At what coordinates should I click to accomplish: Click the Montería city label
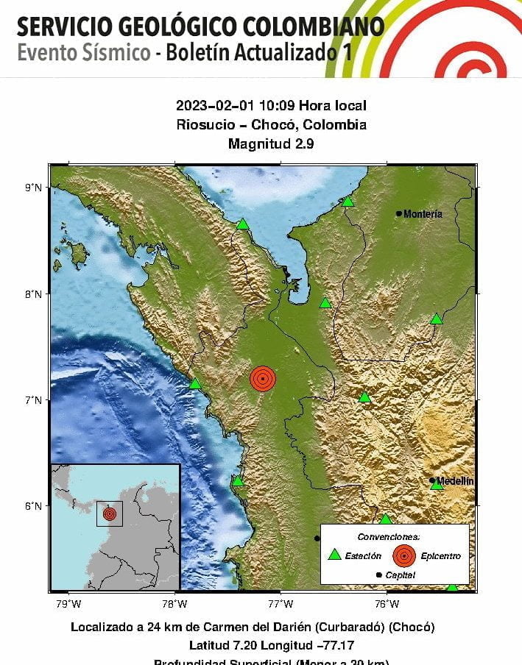point(423,214)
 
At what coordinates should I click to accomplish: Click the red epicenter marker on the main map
point(263,378)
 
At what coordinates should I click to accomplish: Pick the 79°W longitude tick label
point(68,605)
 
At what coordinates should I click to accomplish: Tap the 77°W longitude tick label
point(281,605)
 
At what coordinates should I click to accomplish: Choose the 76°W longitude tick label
point(387,605)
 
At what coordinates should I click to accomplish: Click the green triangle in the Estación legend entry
point(335,555)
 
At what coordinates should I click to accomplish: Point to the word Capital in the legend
point(401,575)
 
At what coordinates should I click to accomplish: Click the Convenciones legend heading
point(389,537)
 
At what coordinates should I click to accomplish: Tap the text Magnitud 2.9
point(271,143)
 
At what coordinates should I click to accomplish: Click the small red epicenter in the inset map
point(110,513)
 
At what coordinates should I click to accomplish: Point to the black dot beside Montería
point(399,214)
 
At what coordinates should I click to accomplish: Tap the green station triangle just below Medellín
point(437,485)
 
